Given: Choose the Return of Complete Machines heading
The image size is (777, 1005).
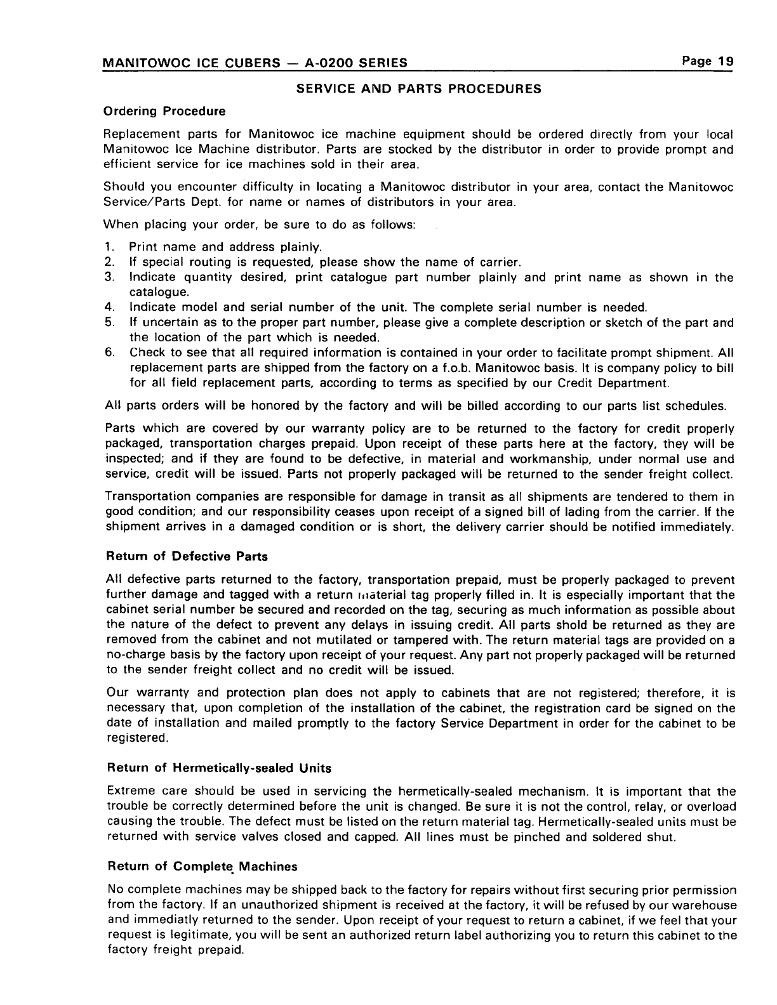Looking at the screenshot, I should tap(203, 866).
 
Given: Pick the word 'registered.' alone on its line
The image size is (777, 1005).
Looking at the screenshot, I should tap(136, 739).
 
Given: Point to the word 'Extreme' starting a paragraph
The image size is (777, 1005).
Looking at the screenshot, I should tap(129, 791).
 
